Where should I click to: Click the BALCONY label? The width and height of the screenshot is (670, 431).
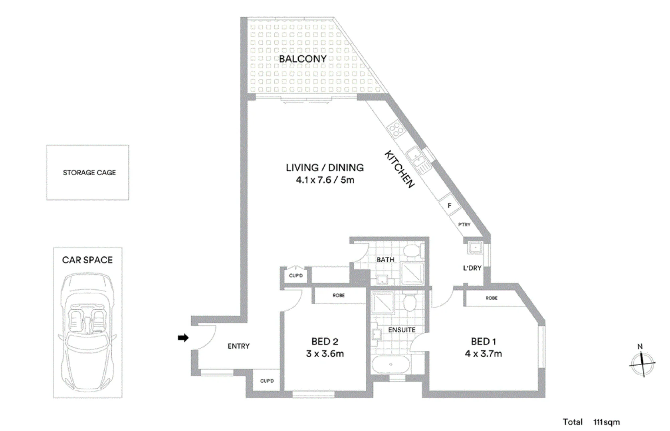[303, 59]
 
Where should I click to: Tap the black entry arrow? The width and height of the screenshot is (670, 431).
[183, 338]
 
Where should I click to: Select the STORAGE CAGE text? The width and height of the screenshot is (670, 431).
[89, 173]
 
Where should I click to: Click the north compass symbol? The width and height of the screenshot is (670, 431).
[642, 363]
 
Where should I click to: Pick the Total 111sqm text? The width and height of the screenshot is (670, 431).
[591, 422]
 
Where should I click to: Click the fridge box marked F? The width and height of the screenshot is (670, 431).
[450, 206]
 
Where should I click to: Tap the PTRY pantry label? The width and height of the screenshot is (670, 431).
[464, 225]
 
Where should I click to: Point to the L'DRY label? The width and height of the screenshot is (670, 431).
[472, 268]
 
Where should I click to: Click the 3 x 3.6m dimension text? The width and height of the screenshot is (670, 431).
[325, 354]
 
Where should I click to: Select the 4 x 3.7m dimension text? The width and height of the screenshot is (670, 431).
[483, 354]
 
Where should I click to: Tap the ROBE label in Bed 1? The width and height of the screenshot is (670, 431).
[492, 298]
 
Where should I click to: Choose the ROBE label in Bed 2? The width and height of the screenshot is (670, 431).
[339, 296]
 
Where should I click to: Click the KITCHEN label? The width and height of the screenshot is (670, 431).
[400, 169]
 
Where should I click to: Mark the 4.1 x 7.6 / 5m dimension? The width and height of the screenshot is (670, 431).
[325, 180]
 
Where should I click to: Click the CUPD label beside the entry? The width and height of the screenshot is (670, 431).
[267, 381]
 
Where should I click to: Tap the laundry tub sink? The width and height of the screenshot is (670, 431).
[476, 248]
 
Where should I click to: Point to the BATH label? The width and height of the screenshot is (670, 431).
[385, 260]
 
